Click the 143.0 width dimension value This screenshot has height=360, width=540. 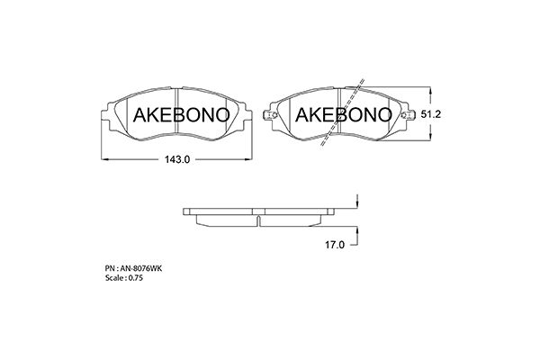pos(177,159)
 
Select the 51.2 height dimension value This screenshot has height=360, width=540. pos(430,114)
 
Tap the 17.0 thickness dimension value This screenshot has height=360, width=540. pos(335,245)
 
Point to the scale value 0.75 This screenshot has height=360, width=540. pos(135,278)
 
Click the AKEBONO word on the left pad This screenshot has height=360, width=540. pos(181,114)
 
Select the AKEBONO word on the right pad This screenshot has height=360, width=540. pos(344,114)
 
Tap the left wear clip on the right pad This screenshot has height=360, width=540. pos(270,115)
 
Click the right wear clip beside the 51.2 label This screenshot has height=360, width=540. pos(409,115)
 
